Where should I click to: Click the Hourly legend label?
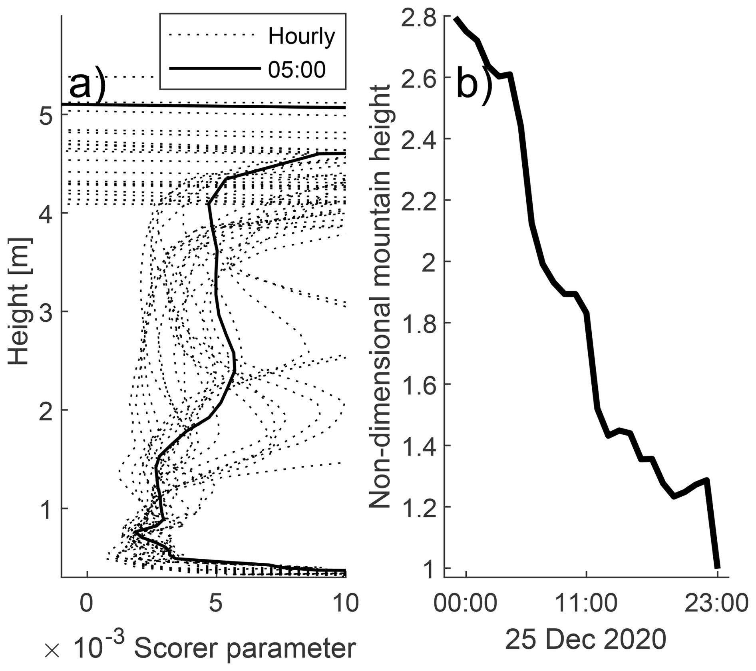click(x=301, y=37)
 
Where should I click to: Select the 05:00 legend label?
click(x=296, y=70)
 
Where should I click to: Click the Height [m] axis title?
click(x=20, y=301)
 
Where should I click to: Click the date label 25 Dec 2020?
click(x=586, y=639)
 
